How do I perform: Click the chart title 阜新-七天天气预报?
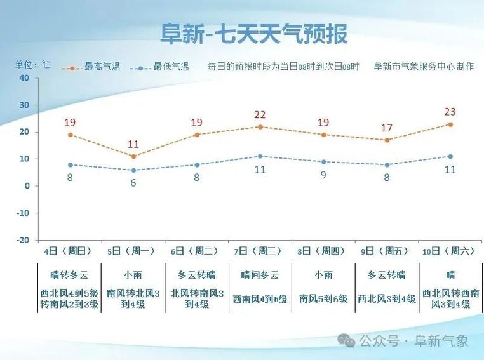[253, 34]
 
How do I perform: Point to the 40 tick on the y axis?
[25, 77]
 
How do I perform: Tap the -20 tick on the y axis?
[23, 240]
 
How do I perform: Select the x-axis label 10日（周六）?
[449, 251]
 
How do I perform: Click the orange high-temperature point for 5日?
[133, 156]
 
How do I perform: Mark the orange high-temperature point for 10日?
[450, 124]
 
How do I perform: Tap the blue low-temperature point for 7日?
[260, 156]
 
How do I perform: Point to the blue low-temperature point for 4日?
[70, 164]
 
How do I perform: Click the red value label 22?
[260, 115]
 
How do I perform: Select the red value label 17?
[387, 128]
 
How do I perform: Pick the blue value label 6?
[133, 182]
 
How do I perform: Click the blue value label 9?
[323, 175]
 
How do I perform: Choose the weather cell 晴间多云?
[260, 276]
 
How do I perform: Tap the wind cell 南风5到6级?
[323, 298]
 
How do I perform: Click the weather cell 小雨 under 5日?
[133, 276]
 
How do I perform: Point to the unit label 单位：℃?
[32, 65]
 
